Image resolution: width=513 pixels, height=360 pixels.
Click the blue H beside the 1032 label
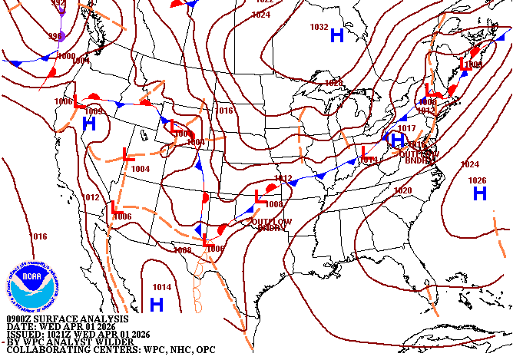pyautogui.click(x=336, y=35)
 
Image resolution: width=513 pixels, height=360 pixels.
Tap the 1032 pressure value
pyautogui.click(x=319, y=27)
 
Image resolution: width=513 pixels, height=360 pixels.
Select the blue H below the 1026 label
pyautogui.click(x=480, y=193)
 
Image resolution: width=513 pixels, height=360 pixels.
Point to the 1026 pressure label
pyautogui.click(x=477, y=180)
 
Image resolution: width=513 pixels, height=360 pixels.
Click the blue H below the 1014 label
pyautogui.click(x=157, y=304)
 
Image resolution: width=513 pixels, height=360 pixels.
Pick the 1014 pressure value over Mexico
pyautogui.click(x=161, y=287)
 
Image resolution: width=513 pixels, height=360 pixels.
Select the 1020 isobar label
pyautogui.click(x=402, y=190)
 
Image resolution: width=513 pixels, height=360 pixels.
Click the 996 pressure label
pyautogui.click(x=55, y=36)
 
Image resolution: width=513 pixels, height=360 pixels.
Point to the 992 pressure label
pyautogui.click(x=58, y=3)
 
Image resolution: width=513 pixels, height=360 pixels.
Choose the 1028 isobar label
pyautogui.click(x=333, y=82)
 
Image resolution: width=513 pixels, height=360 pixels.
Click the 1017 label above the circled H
pyautogui.click(x=406, y=128)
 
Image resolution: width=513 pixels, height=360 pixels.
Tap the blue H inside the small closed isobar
pyautogui.click(x=397, y=140)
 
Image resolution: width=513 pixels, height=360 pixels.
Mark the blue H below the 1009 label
pyautogui.click(x=89, y=123)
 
